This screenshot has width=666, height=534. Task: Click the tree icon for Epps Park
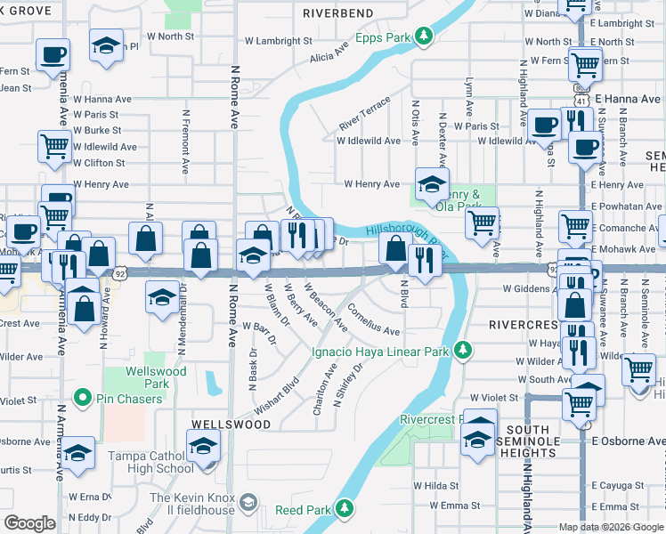(x=426, y=36)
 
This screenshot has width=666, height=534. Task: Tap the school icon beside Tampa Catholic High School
(x=204, y=444)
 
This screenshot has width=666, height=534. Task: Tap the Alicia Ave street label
(x=329, y=56)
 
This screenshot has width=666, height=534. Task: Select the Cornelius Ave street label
(x=366, y=317)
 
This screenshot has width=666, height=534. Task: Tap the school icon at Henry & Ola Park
(x=432, y=182)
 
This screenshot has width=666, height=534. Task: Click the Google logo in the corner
(x=29, y=523)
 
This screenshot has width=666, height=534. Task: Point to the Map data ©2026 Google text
(x=611, y=527)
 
